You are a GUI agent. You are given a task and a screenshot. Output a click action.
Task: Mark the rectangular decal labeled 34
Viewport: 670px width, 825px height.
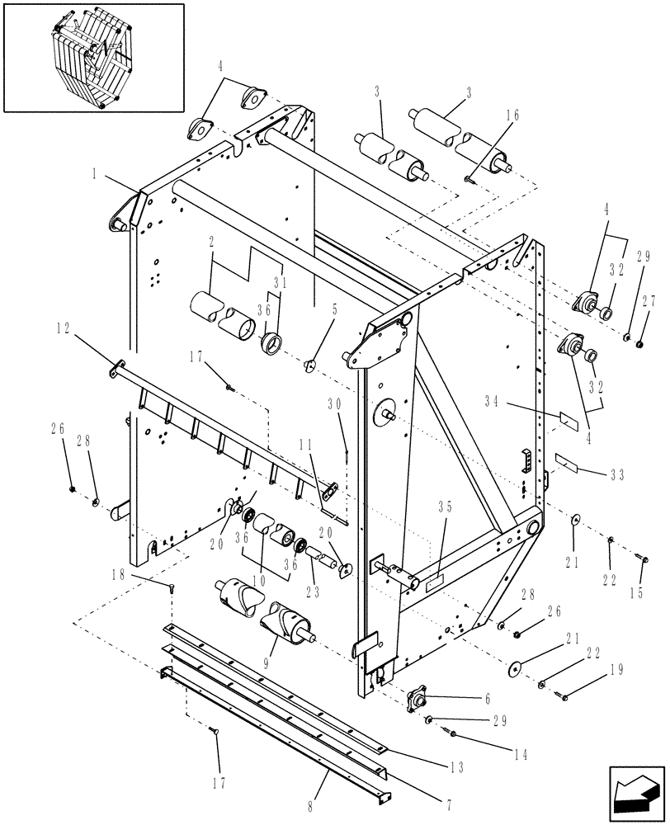567,418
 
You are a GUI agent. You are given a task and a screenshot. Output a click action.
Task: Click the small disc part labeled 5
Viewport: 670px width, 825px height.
311,364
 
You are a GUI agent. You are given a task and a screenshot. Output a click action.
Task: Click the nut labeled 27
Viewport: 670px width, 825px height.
641,341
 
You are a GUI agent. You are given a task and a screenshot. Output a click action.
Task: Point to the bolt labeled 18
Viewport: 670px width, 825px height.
172,587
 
